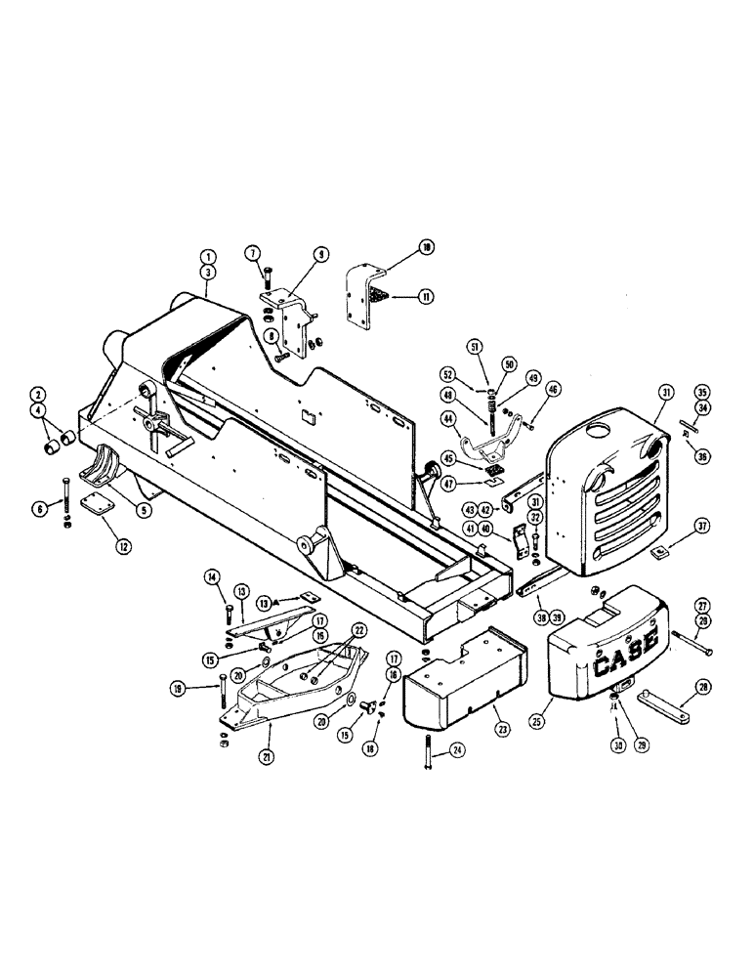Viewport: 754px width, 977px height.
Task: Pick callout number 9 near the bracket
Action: tap(320, 252)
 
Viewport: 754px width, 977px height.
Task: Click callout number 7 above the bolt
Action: tap(253, 253)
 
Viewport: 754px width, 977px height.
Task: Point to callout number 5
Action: tap(143, 510)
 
